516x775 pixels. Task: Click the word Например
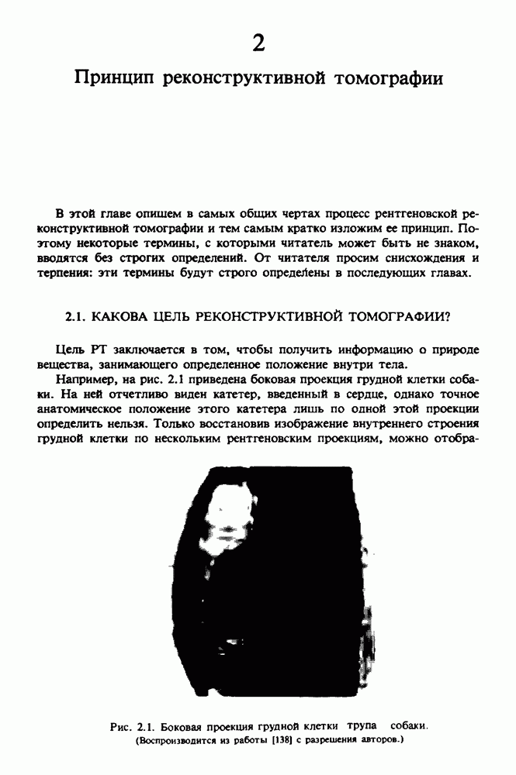[86, 381]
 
